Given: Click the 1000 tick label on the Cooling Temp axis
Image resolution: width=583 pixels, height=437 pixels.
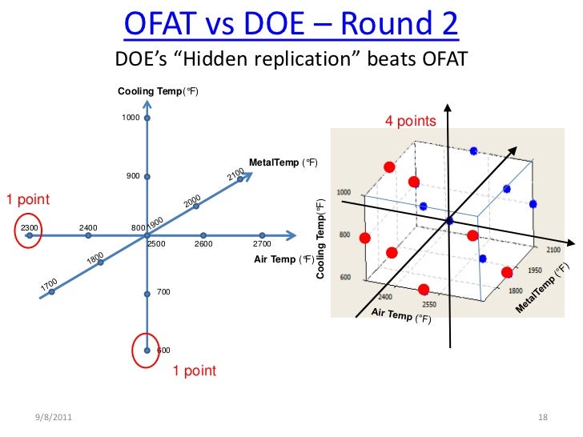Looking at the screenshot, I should tap(131, 118).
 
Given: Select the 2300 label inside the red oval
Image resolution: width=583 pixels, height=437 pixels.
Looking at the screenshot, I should tap(30, 228).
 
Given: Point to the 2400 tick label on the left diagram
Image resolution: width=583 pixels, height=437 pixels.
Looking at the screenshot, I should tap(88, 228).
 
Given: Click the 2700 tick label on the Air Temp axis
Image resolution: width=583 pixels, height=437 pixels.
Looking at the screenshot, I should tap(262, 243).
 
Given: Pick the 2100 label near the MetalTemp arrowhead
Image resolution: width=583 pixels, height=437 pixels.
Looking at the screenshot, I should tap(234, 175).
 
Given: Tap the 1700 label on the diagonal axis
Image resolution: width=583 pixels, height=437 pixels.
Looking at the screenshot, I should tap(49, 284).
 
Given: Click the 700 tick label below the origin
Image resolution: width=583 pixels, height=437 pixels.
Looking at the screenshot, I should tap(163, 292).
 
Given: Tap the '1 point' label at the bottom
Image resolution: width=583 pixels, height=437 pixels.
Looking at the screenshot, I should tap(195, 371).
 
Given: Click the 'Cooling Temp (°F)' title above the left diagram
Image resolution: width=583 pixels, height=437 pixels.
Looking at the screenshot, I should tap(158, 92).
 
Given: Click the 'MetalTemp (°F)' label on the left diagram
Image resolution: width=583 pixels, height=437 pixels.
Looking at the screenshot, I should tap(283, 163).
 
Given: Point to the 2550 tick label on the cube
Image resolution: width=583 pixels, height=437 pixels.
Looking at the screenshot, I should tap(429, 305).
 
